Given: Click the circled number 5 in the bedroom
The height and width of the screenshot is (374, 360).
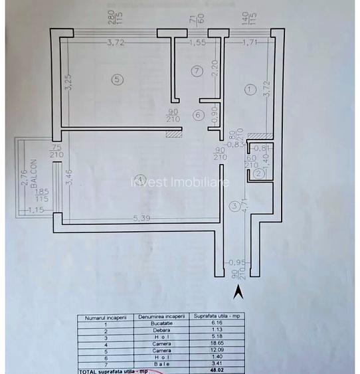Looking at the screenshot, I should (x=118, y=80).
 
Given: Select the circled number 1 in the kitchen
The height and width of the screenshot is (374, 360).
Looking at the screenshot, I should (x=249, y=88).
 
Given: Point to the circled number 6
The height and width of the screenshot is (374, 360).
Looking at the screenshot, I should (x=197, y=115).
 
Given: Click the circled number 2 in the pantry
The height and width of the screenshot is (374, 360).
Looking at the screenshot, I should (x=258, y=173).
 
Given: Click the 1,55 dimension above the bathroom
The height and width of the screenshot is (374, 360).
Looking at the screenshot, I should (x=196, y=44).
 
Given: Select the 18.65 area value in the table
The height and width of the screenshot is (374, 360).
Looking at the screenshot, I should (x=218, y=343).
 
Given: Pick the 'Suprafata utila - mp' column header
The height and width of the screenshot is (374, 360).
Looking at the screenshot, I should (x=218, y=317).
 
